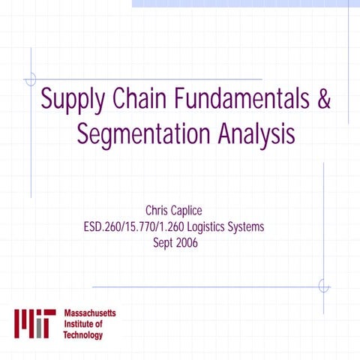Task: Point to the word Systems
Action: [x=247, y=227]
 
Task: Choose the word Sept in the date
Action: [x=165, y=243]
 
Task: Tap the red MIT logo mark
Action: [x=34, y=323]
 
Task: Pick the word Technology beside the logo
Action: [x=83, y=335]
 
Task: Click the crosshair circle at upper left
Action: [x=31, y=79]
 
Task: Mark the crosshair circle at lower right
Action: [x=323, y=286]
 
